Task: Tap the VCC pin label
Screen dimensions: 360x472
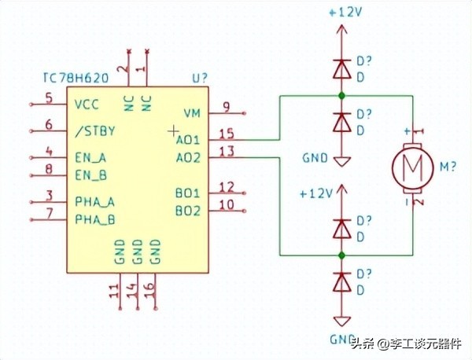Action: [87, 105]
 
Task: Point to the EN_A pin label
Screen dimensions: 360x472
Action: [90, 156]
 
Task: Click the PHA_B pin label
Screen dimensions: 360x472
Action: [95, 219]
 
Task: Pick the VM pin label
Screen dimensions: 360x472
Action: [192, 113]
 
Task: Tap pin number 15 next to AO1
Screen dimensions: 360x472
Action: [227, 133]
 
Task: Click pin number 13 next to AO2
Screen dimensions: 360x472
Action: [227, 151]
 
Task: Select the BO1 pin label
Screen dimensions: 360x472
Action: [188, 193]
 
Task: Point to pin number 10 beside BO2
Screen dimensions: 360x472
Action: [227, 205]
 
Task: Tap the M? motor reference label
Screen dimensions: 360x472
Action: [448, 167]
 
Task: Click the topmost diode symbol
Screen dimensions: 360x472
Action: [341, 70]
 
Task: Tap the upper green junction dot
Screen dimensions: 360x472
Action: [341, 96]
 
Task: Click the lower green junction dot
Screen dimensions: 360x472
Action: [341, 255]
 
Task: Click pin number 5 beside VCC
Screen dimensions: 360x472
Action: [49, 98]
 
